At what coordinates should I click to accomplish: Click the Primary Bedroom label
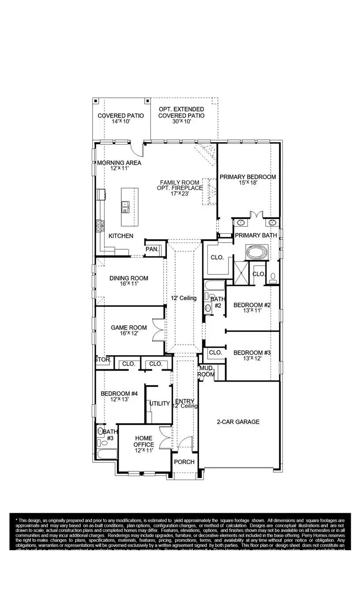(247, 177)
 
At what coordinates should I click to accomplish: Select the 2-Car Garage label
(238, 422)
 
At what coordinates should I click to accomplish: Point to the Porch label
(184, 462)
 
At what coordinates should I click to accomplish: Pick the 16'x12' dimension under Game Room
(128, 334)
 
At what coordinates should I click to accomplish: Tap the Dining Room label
(129, 278)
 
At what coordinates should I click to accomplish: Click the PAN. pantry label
(152, 250)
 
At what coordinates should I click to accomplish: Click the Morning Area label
(119, 163)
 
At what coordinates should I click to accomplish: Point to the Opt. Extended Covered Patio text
(181, 112)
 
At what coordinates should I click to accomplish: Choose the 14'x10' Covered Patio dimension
(120, 122)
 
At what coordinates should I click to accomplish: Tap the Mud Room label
(206, 371)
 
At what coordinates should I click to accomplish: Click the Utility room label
(159, 404)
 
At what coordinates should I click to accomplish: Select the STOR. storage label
(102, 360)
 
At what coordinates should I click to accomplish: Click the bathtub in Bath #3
(106, 454)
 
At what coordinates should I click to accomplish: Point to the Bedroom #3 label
(251, 353)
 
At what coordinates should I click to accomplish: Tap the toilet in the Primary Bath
(273, 278)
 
